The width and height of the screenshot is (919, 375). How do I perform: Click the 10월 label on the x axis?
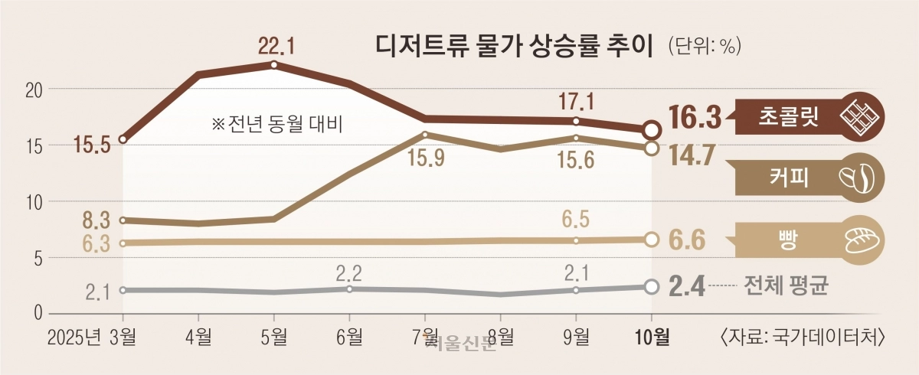point(652,334)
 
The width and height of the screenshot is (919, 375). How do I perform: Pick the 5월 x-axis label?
point(274,334)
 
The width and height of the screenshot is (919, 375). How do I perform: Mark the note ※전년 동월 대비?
point(276,122)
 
